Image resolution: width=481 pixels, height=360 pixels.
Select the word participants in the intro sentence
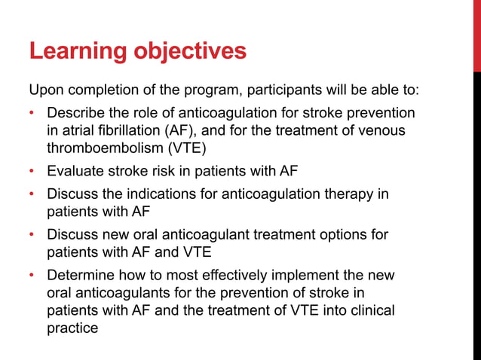281,91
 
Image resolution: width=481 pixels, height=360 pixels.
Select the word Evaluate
76,171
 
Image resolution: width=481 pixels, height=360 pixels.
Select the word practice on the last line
72,328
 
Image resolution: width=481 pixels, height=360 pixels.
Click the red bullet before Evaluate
32,171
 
